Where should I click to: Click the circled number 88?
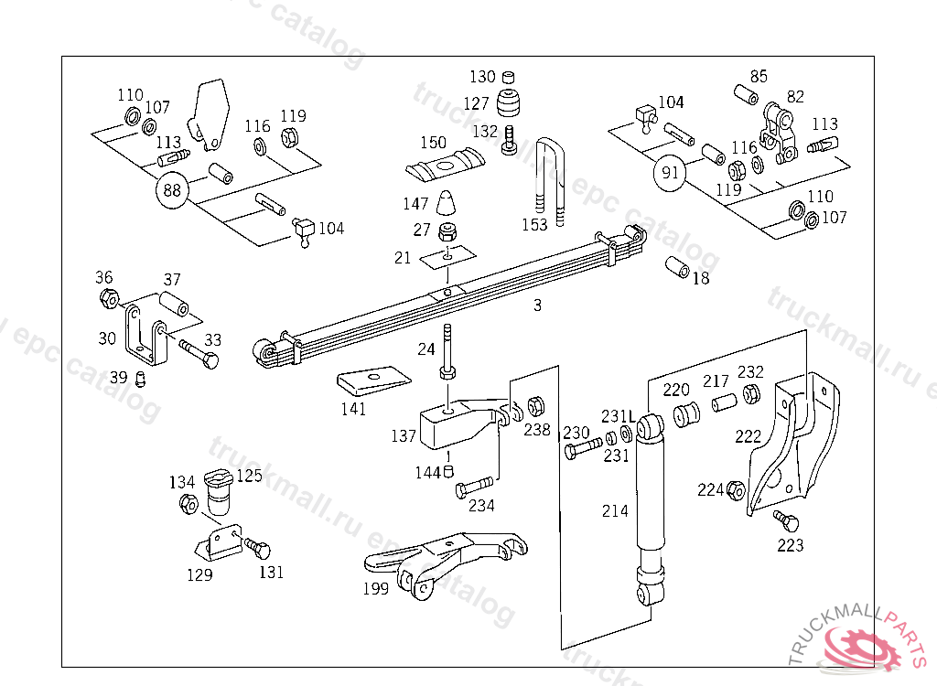point(172,190)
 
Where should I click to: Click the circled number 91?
point(671,172)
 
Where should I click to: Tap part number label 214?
point(615,510)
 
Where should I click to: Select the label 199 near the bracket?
point(375,589)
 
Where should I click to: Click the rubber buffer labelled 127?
point(511,102)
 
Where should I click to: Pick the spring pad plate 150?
point(442,166)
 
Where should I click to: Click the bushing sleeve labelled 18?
point(678,268)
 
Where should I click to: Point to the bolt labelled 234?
point(475,487)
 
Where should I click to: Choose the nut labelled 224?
point(736,490)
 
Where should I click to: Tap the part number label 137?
point(404,436)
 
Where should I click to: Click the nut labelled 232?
point(750,393)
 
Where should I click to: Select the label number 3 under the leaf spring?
point(537,305)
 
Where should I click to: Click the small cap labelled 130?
point(511,76)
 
